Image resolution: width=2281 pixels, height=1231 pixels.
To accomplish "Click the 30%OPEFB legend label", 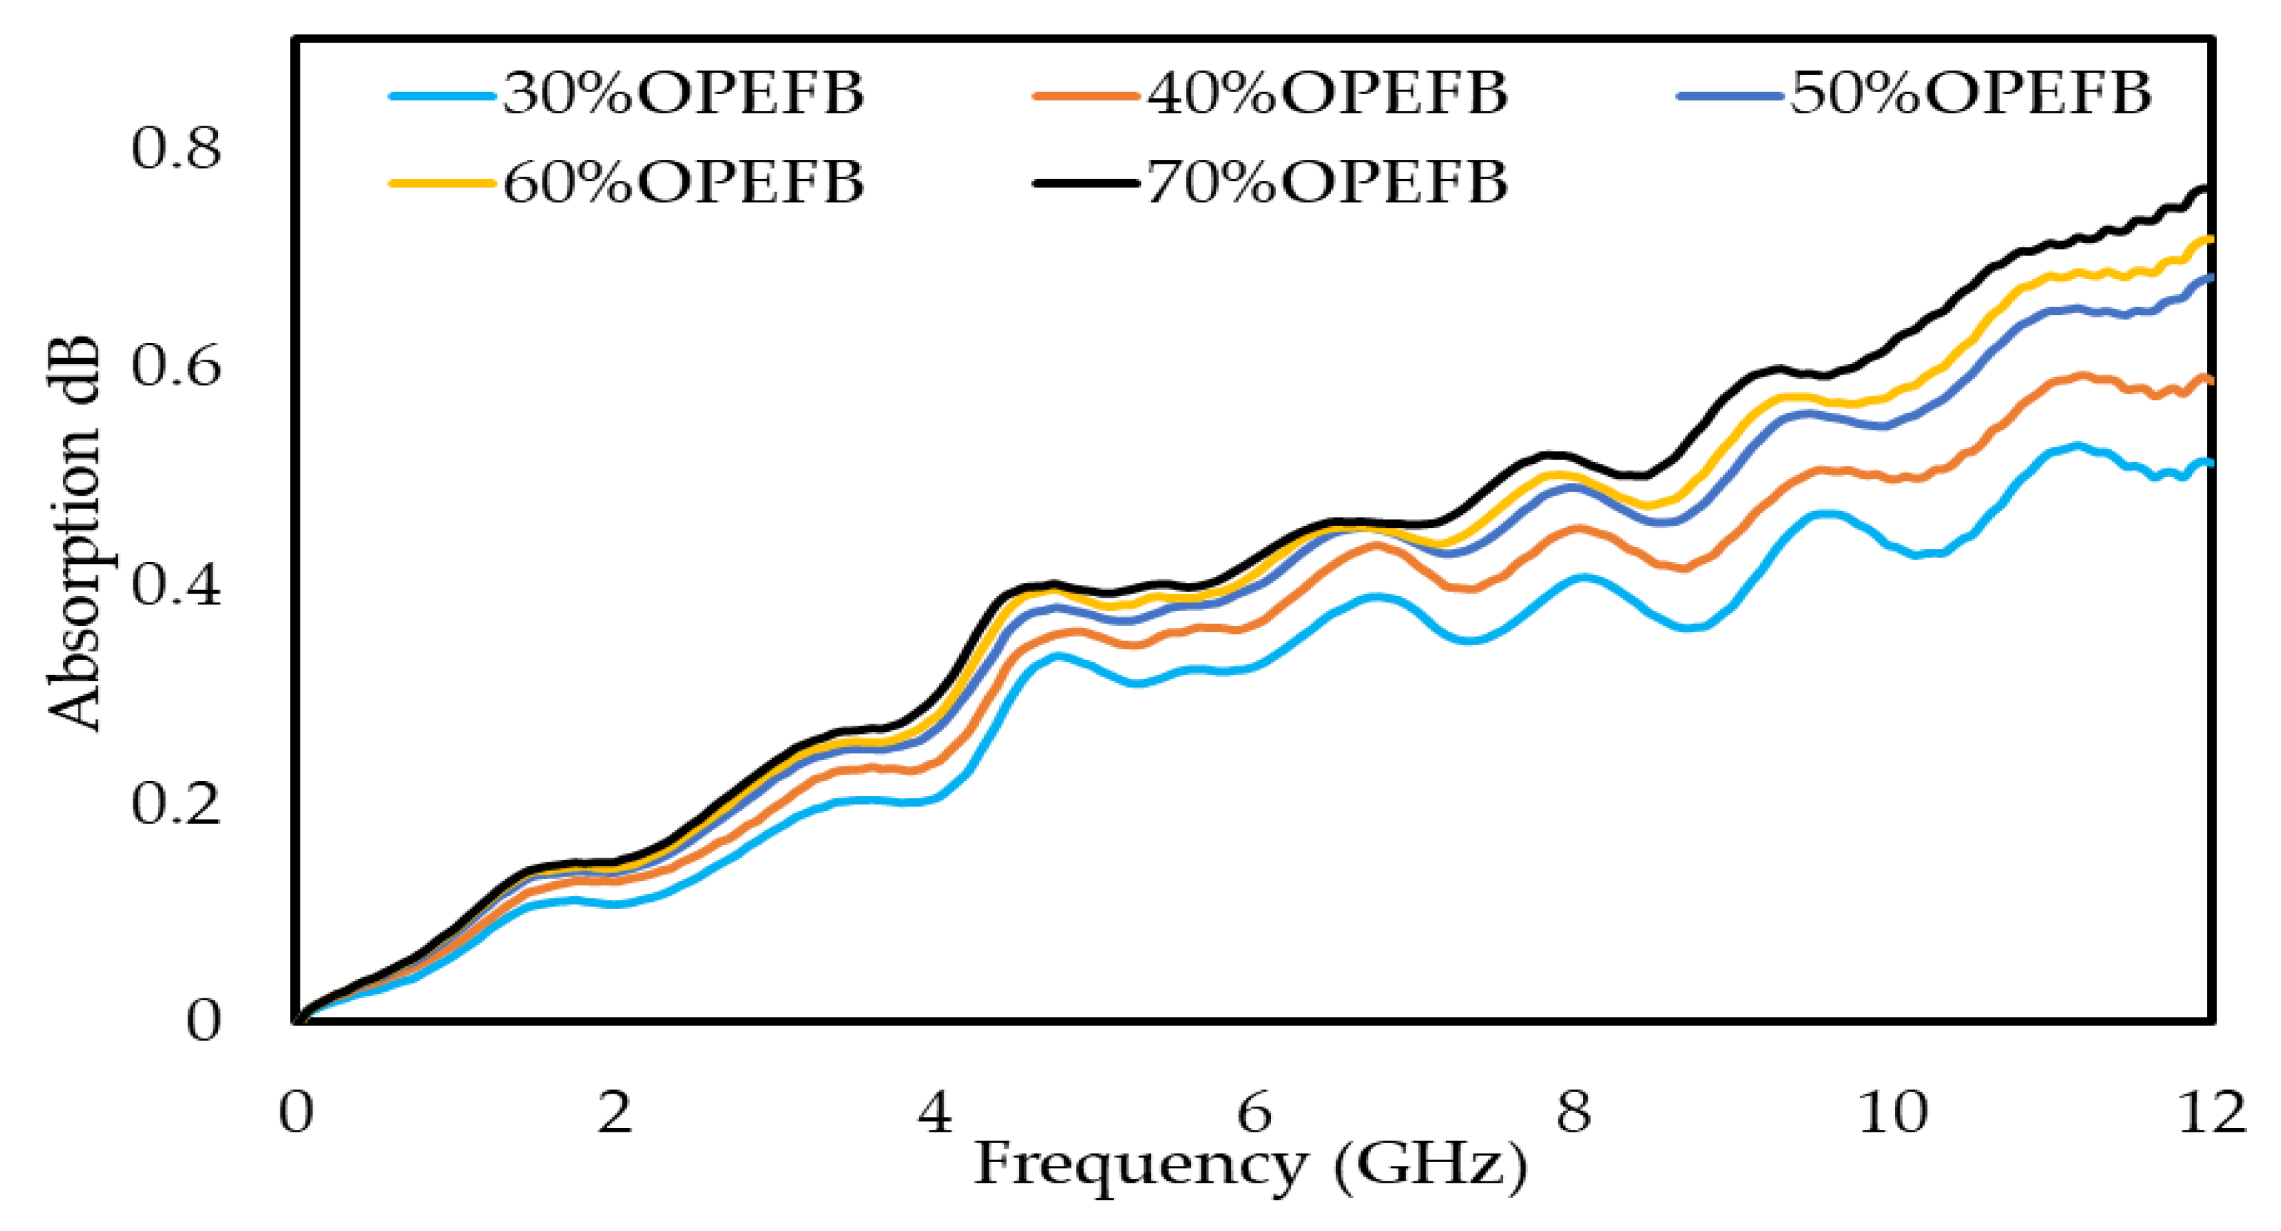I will click(x=683, y=93).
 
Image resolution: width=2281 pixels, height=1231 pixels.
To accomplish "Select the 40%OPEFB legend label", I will click(x=1326, y=93).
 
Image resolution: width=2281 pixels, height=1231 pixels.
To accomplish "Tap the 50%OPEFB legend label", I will click(x=1970, y=93).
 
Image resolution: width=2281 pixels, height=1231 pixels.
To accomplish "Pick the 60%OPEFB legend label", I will click(x=683, y=182).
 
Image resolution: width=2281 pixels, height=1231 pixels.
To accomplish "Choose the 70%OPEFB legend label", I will click(x=1326, y=182).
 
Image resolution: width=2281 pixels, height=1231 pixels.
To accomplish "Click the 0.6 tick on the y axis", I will click(x=175, y=366).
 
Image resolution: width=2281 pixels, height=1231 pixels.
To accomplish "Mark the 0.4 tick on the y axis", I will click(x=175, y=585).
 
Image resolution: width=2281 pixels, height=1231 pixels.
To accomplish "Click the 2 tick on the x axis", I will click(x=614, y=1112).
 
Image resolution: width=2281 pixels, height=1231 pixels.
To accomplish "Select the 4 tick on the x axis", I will click(x=934, y=1112).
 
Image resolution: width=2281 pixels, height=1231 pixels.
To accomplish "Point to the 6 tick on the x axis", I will click(x=1254, y=1112).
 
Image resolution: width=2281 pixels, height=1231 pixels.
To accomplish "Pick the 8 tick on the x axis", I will click(x=1573, y=1112).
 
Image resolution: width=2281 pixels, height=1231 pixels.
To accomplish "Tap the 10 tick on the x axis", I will click(x=1892, y=1112).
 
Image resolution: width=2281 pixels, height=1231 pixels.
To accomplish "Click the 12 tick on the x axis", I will click(x=2211, y=1112).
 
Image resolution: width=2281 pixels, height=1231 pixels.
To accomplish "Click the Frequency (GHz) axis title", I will click(x=1250, y=1164).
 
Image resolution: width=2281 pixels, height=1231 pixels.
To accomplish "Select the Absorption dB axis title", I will click(x=74, y=535).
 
